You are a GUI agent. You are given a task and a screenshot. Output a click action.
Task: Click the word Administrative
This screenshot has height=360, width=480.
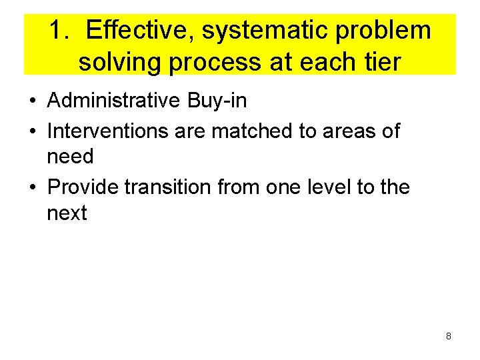pos(113,101)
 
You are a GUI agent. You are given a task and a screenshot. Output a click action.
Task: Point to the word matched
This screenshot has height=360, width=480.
pos(253,131)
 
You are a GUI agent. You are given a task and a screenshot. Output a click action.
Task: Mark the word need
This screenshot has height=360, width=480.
pos(70,157)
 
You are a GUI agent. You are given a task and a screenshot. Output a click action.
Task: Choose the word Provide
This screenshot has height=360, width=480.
pos(83,187)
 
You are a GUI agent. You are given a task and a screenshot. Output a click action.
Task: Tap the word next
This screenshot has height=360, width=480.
pos(67,214)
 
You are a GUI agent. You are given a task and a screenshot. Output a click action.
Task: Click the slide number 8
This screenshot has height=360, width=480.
pos(448,336)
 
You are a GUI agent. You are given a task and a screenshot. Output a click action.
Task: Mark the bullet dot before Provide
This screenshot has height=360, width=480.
pos(32,187)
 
